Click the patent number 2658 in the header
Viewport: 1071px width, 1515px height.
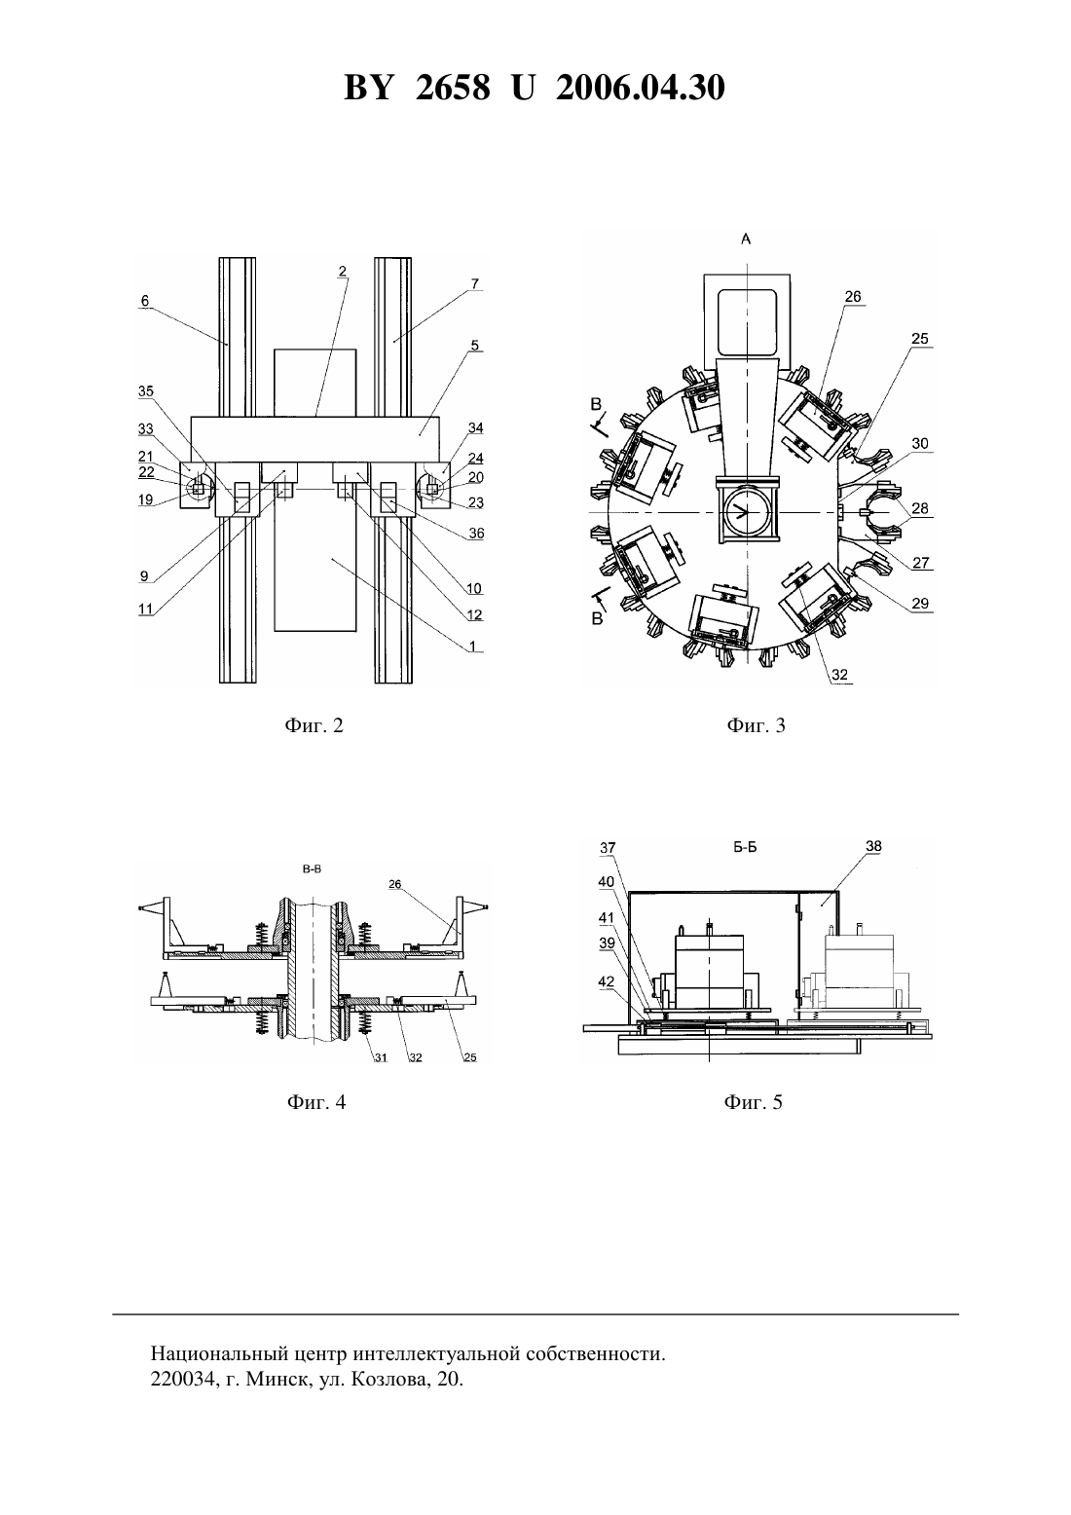coord(453,88)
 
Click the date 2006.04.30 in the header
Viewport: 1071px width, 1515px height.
coord(641,88)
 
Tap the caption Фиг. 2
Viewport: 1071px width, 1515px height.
coord(314,725)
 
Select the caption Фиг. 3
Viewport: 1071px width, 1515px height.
coord(756,725)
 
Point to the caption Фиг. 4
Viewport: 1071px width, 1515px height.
coord(316,1102)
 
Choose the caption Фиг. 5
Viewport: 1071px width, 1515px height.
coord(754,1102)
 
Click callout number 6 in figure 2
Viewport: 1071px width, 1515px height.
coord(145,301)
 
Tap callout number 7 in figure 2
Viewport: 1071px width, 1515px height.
coord(475,283)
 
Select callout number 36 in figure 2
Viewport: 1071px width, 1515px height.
coord(477,534)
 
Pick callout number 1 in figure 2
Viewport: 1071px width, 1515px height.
coord(473,646)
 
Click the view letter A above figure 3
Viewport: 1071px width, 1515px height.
coord(746,239)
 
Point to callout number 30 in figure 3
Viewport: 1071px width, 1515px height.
coord(920,443)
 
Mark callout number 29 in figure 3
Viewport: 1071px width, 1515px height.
coord(920,604)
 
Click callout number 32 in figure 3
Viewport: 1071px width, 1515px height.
coord(839,675)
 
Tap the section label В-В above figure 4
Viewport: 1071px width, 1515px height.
coord(312,869)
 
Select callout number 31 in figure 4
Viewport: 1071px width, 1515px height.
coord(382,1057)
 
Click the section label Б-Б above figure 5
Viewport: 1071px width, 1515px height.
coord(745,847)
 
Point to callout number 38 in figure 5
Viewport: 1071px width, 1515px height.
coord(873,845)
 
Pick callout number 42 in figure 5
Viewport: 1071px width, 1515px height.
coord(607,981)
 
